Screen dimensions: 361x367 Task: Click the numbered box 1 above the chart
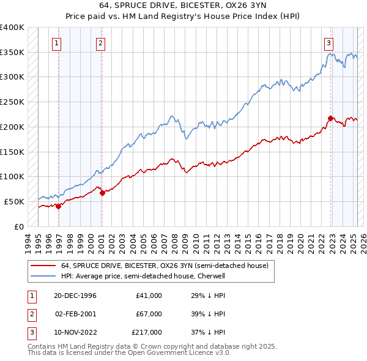coord(56,43)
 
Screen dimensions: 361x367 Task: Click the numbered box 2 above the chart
coord(100,43)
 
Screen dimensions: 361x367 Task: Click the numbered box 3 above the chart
coord(329,43)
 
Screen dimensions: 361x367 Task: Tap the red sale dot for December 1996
coord(59,206)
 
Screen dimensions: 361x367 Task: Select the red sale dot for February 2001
coord(102,193)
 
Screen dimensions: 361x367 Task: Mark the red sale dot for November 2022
coord(331,117)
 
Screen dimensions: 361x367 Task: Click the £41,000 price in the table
coord(149,296)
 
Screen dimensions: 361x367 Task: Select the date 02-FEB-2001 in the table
coord(76,314)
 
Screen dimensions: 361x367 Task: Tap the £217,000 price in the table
coord(147,332)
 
